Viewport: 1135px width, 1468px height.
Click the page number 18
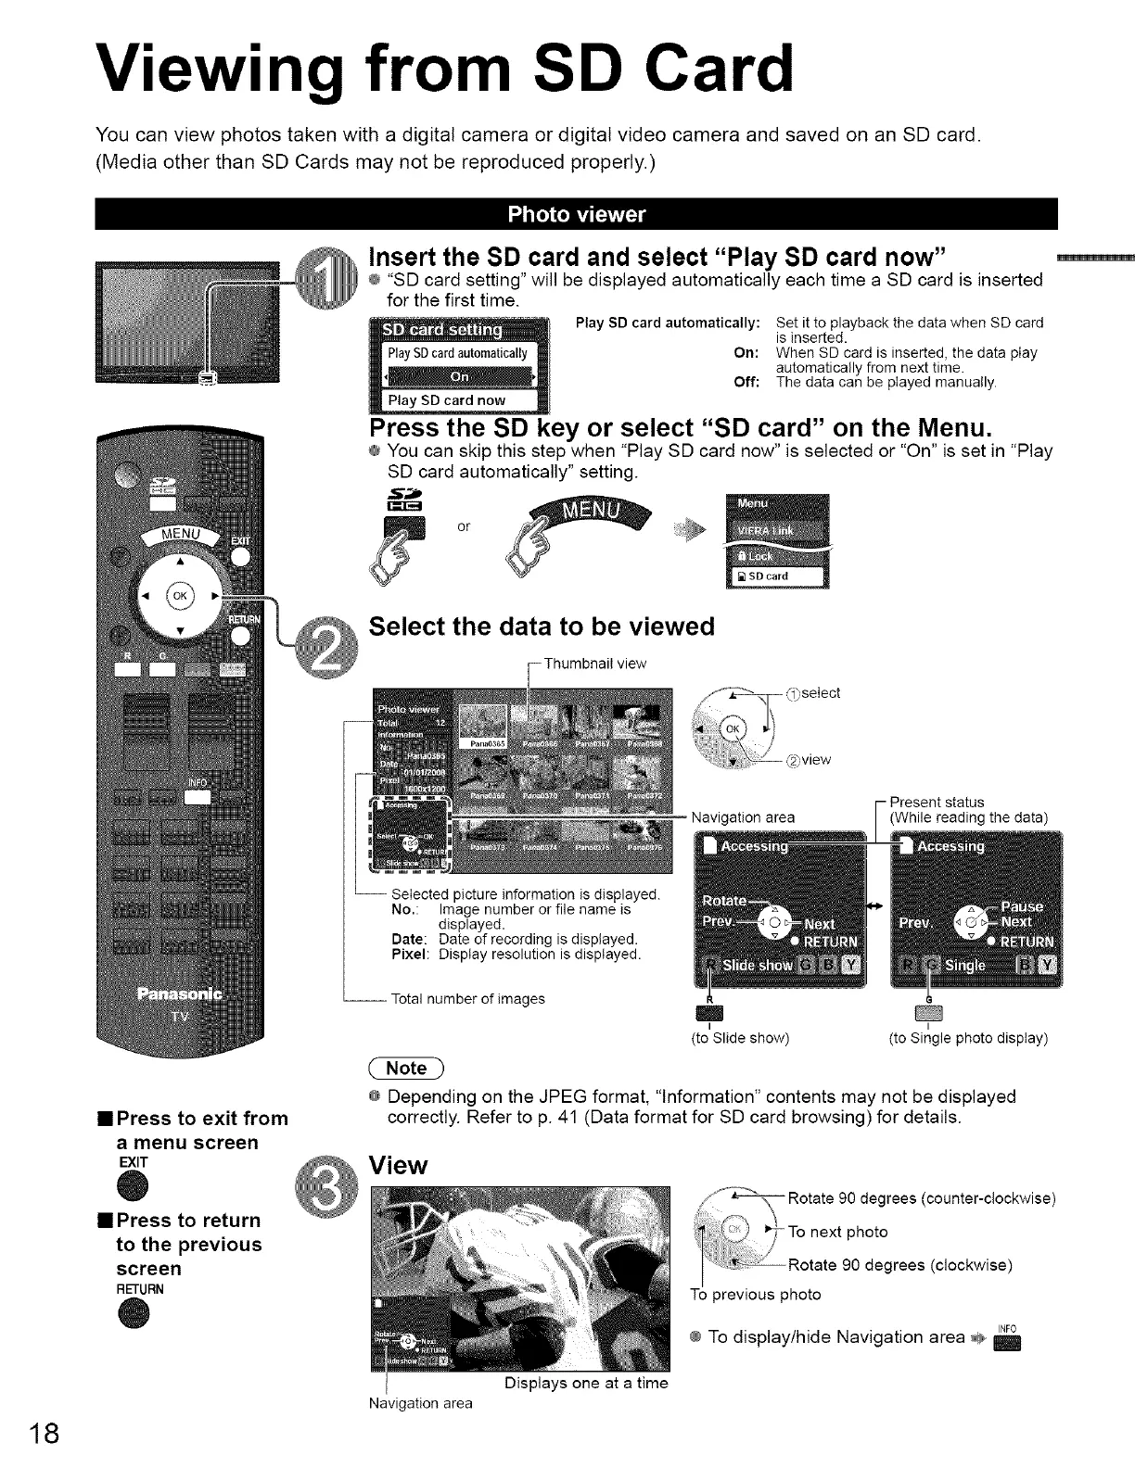point(44,1433)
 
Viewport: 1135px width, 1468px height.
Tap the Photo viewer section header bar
point(576,215)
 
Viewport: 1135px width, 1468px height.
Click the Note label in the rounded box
point(406,1068)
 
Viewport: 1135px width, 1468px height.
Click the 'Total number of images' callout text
point(468,998)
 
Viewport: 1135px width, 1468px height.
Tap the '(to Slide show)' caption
point(740,1038)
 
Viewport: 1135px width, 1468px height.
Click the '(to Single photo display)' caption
point(968,1038)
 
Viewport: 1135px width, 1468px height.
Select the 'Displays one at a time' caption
point(585,1383)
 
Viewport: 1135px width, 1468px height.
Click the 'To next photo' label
point(837,1232)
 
